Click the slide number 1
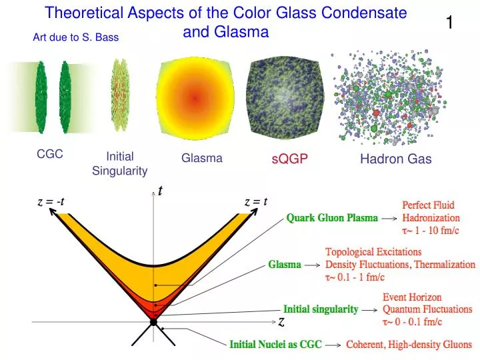pos(450,23)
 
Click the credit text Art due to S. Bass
pos(75,37)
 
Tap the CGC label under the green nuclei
pos(49,154)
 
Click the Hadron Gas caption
pos(396,159)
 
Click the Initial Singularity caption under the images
pos(119,164)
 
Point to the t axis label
pos(160,190)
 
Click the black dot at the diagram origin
pos(153,322)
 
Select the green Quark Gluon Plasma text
pos(332,218)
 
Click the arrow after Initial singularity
pos(371,309)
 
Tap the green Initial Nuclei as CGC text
pos(275,345)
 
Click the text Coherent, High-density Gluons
pos(409,345)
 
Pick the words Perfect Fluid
pos(428,205)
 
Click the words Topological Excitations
pos(373,252)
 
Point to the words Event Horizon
pos(412,297)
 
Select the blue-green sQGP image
pos(287,98)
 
